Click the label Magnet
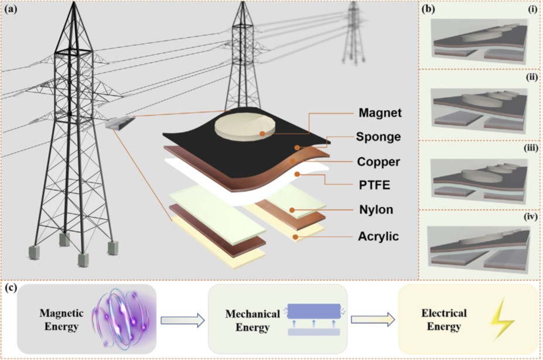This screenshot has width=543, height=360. point(380,113)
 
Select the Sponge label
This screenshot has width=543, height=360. point(378,137)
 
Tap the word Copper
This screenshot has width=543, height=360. point(378,162)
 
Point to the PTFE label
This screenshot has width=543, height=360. point(374,185)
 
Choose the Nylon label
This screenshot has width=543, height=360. point(376,210)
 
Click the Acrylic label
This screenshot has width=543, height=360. point(378,236)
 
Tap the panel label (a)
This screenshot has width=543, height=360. point(11,9)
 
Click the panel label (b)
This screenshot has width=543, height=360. point(428,9)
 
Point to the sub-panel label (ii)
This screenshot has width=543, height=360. point(531,77)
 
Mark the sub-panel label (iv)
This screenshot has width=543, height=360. point(531,217)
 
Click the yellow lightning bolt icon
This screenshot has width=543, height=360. point(502,318)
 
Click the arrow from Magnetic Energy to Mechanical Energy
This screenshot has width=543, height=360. point(183,320)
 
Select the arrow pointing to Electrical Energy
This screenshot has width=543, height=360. point(373,319)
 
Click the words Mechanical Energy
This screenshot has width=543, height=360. point(252,321)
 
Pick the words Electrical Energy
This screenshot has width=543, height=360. point(444,320)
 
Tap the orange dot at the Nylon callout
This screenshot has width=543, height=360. point(292,210)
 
